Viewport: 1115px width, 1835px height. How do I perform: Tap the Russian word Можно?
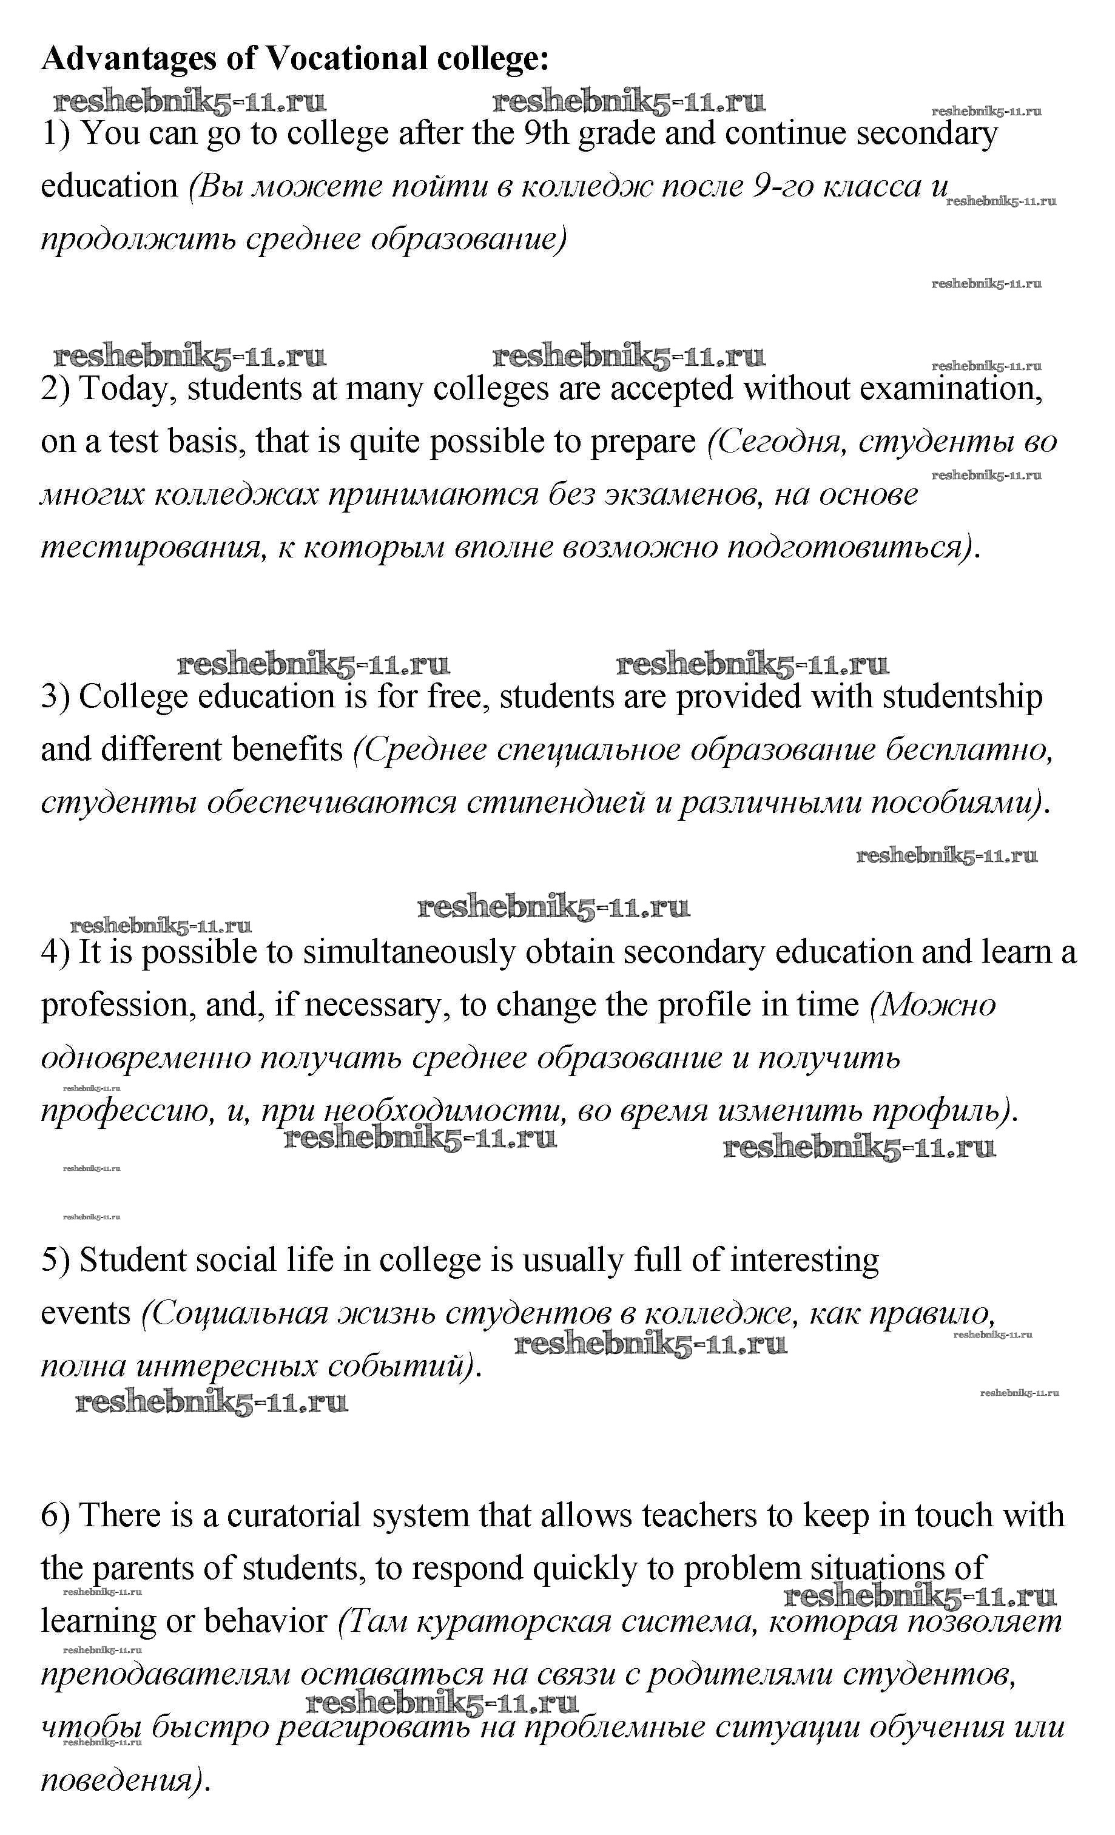click(932, 1005)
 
